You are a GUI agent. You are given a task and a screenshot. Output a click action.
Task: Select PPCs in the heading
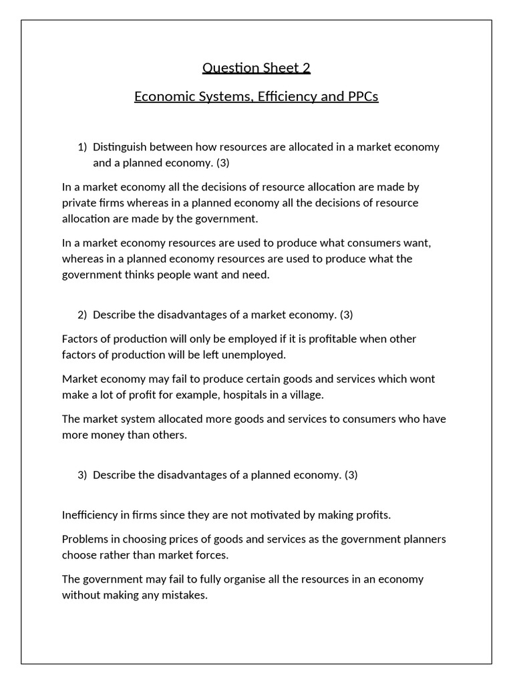[x=362, y=96]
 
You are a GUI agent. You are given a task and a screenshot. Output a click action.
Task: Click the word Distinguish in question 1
[x=122, y=147]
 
